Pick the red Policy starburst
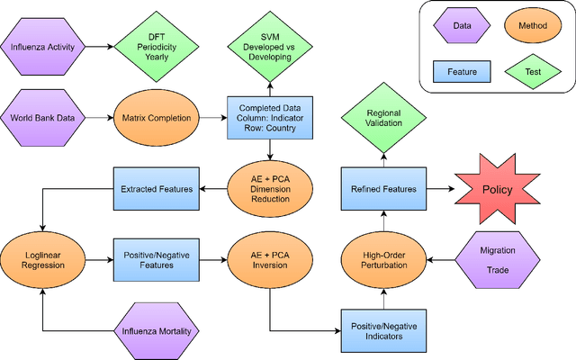497,188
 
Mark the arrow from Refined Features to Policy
436,188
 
